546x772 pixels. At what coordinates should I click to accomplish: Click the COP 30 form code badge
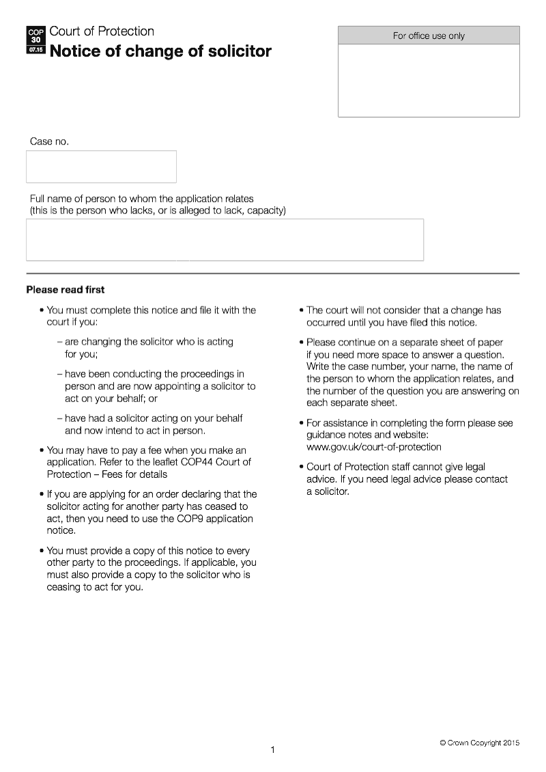click(36, 40)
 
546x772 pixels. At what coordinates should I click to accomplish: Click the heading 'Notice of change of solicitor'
click(160, 51)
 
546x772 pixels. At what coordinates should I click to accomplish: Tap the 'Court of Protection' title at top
click(102, 31)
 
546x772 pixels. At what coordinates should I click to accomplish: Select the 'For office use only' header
click(429, 35)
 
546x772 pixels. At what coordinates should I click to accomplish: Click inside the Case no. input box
click(101, 167)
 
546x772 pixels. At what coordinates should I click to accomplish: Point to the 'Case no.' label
click(49, 141)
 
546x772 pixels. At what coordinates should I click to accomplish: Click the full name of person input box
click(225, 240)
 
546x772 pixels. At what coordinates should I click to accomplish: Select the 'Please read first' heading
click(66, 289)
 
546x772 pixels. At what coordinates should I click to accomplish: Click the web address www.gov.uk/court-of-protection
click(373, 447)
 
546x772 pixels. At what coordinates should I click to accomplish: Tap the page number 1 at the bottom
click(273, 750)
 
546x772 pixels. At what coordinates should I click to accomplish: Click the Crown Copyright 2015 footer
click(479, 743)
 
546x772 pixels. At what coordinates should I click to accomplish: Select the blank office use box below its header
click(429, 81)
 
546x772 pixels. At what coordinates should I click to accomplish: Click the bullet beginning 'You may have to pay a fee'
click(147, 462)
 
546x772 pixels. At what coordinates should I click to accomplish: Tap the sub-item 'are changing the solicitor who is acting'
click(149, 341)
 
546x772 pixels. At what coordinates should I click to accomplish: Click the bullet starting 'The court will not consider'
click(403, 316)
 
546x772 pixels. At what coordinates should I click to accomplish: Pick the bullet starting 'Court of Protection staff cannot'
click(407, 478)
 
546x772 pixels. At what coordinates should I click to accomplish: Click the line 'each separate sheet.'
click(351, 403)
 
